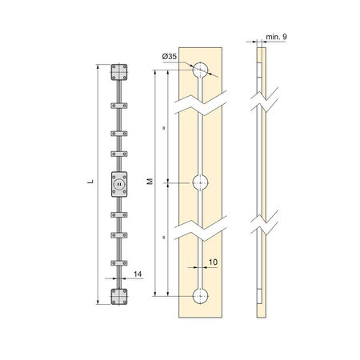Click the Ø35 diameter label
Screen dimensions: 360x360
(x=170, y=57)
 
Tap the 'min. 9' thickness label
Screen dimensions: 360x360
(x=276, y=37)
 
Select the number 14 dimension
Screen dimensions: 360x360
(x=138, y=274)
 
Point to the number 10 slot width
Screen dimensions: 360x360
(x=213, y=262)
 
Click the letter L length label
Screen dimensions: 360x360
(x=91, y=182)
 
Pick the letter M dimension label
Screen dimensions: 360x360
(x=150, y=182)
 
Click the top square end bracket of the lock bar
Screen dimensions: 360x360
(x=119, y=72)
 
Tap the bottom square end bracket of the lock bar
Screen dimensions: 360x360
(x=119, y=296)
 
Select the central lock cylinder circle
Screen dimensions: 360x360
(x=119, y=184)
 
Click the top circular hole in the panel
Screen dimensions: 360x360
(x=201, y=70)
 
